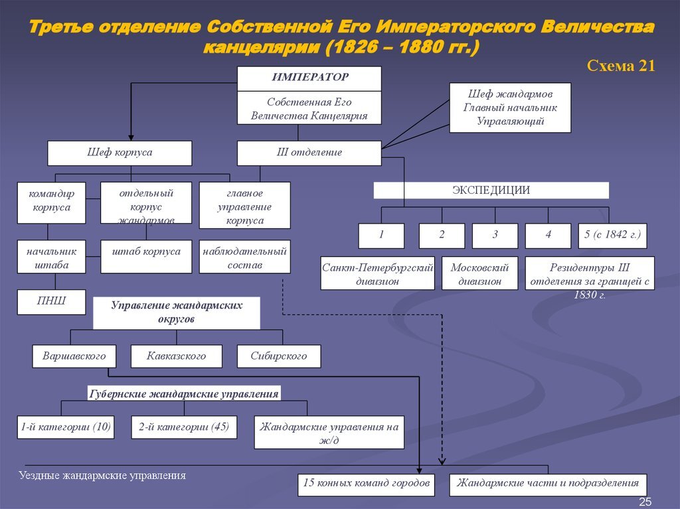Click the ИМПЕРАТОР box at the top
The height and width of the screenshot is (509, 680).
pos(309,78)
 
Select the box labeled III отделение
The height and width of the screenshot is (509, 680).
pos(309,153)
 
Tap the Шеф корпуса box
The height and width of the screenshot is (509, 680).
pos(120,153)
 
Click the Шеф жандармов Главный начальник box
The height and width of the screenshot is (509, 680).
pos(510,108)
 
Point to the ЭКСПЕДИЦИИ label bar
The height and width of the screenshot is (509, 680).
pos(491,190)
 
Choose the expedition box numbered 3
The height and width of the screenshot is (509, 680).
pos(495,236)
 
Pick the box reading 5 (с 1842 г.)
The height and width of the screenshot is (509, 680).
pos(612,236)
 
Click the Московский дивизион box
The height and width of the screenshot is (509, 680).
pos(479,273)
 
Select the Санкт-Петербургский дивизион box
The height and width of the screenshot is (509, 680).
pos(377,273)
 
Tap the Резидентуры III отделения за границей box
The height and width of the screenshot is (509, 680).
pos(590,275)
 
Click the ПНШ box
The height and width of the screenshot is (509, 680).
pos(51,302)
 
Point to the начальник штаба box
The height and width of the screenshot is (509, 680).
pos(51,257)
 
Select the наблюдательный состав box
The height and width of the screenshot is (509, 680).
pos(245,257)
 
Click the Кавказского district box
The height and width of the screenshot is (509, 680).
pos(177,356)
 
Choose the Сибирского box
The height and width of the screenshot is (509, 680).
pos(279,356)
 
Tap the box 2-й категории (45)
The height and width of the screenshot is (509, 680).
pos(183,427)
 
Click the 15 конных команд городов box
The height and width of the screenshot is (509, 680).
pos(366,483)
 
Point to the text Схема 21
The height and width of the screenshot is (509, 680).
pos(622,65)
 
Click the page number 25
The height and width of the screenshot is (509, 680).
pos(645,502)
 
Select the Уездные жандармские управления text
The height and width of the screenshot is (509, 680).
pos(102,476)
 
